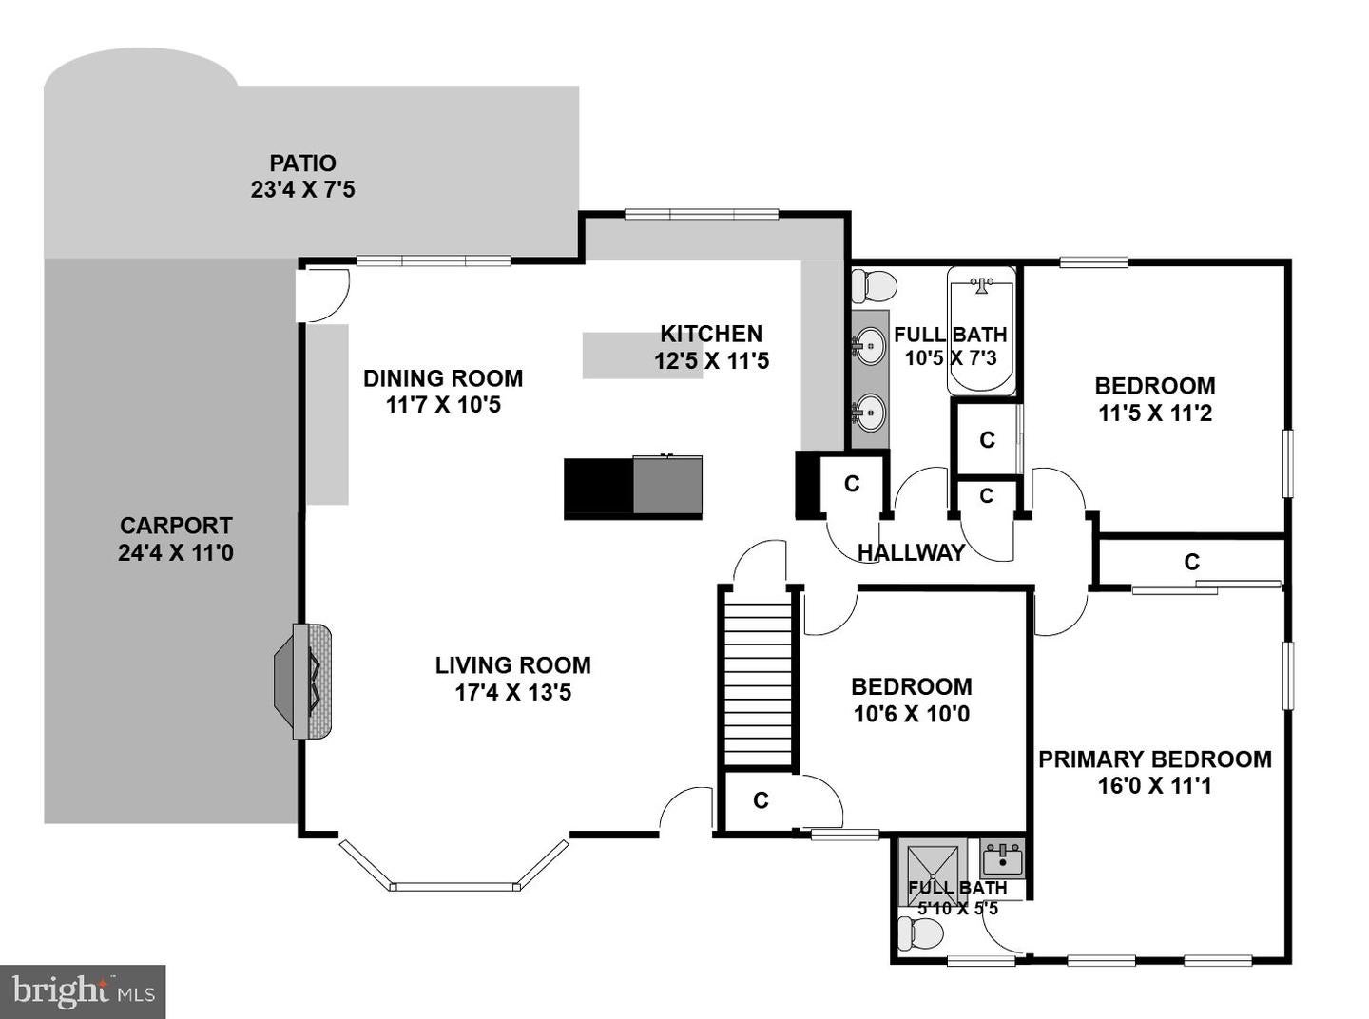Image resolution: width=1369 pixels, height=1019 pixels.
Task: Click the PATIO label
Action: coord(302,163)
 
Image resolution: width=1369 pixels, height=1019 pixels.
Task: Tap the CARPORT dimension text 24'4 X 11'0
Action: coord(176,552)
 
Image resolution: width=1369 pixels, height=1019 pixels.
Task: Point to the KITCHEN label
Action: coord(711,334)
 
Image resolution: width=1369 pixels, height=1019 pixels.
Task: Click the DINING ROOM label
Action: coord(443,378)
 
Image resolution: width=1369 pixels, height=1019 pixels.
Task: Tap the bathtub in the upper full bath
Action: coord(981,331)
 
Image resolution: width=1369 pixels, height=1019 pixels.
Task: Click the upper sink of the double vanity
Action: coord(869,345)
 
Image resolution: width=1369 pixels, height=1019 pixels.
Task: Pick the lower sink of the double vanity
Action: coord(869,413)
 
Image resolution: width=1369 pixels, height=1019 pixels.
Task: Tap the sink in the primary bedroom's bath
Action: coord(1002,860)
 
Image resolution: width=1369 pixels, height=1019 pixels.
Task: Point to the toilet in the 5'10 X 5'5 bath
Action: coord(920,935)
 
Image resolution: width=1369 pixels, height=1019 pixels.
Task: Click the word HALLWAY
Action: coord(911,553)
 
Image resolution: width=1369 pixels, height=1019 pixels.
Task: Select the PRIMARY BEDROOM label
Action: coord(1154,759)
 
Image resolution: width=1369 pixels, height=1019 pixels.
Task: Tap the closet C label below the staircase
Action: coord(761,801)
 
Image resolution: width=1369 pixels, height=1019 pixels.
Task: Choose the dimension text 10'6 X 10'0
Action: coord(911,714)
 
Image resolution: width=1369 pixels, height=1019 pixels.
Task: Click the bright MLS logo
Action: coord(83,991)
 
